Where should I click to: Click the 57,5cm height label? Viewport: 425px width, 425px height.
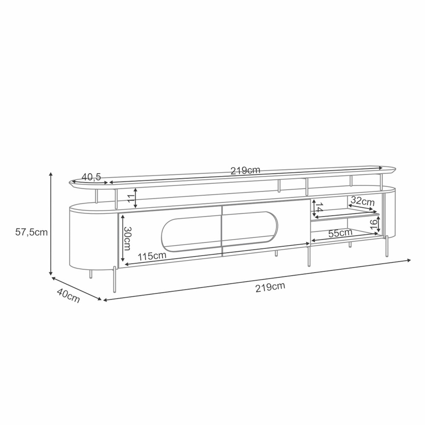point(31,232)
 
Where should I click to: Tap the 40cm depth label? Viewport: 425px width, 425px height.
point(68,295)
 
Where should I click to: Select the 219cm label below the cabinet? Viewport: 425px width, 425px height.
point(270,287)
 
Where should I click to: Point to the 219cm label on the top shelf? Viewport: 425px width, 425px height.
point(245,170)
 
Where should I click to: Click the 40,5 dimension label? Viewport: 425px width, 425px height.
point(91,177)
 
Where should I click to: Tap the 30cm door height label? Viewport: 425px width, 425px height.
point(127,238)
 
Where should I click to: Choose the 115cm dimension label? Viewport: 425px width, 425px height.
point(152,256)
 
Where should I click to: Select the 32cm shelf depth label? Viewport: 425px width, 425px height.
point(363,201)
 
